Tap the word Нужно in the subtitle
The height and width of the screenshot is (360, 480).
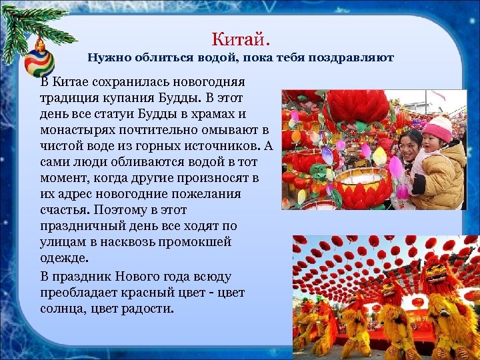tap(111, 58)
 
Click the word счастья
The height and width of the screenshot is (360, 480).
tap(66, 211)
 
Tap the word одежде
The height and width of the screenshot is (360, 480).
tap(64, 259)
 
